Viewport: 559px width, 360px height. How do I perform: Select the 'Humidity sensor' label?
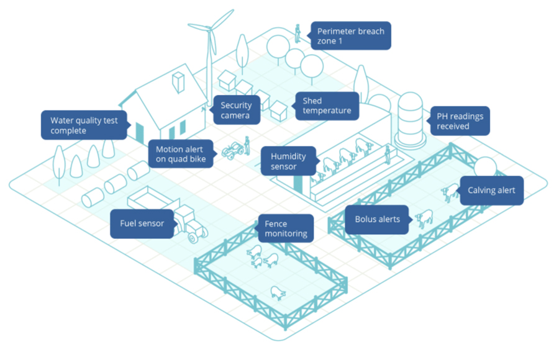click(289, 161)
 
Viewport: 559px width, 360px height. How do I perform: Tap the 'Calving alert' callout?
click(491, 191)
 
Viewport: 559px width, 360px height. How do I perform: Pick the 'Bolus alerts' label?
click(378, 219)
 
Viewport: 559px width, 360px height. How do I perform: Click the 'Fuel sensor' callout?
click(142, 223)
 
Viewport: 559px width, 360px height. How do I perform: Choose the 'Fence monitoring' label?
click(286, 228)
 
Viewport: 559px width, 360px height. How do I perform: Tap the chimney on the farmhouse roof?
click(178, 83)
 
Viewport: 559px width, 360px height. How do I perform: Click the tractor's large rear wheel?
click(196, 233)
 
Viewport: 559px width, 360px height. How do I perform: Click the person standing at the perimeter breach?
click(298, 33)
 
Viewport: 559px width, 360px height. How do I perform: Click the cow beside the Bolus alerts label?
click(424, 218)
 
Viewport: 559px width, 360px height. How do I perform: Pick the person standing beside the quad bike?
click(247, 146)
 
